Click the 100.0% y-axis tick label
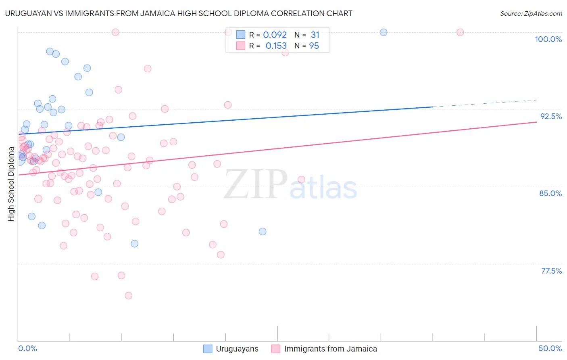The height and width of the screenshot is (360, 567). [548, 39]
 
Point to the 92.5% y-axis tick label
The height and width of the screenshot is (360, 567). [551, 116]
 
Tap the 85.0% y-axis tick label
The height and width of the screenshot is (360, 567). [550, 193]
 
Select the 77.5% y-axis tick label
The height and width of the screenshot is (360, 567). [551, 271]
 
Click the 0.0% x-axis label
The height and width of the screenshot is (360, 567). [27, 348]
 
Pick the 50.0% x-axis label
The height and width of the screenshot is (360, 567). [550, 348]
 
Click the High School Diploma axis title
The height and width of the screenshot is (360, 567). [11, 184]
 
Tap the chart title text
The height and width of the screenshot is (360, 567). [179, 13]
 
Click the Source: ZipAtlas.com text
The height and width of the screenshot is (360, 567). [531, 13]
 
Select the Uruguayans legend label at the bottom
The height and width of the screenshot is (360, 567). [237, 349]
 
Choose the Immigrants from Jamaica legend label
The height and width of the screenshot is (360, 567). [330, 349]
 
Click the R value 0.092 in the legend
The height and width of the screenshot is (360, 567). [275, 35]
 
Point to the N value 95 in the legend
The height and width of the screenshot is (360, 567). [314, 46]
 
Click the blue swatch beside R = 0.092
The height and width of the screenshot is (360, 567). [241, 35]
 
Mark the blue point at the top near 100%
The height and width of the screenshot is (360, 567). [384, 32]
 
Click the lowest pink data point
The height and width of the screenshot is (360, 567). [129, 295]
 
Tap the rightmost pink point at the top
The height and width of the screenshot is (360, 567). [460, 32]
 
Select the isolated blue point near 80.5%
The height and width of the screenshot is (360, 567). [263, 231]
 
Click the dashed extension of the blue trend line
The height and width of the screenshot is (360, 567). [484, 103]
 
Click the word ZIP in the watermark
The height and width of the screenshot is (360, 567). [255, 184]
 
